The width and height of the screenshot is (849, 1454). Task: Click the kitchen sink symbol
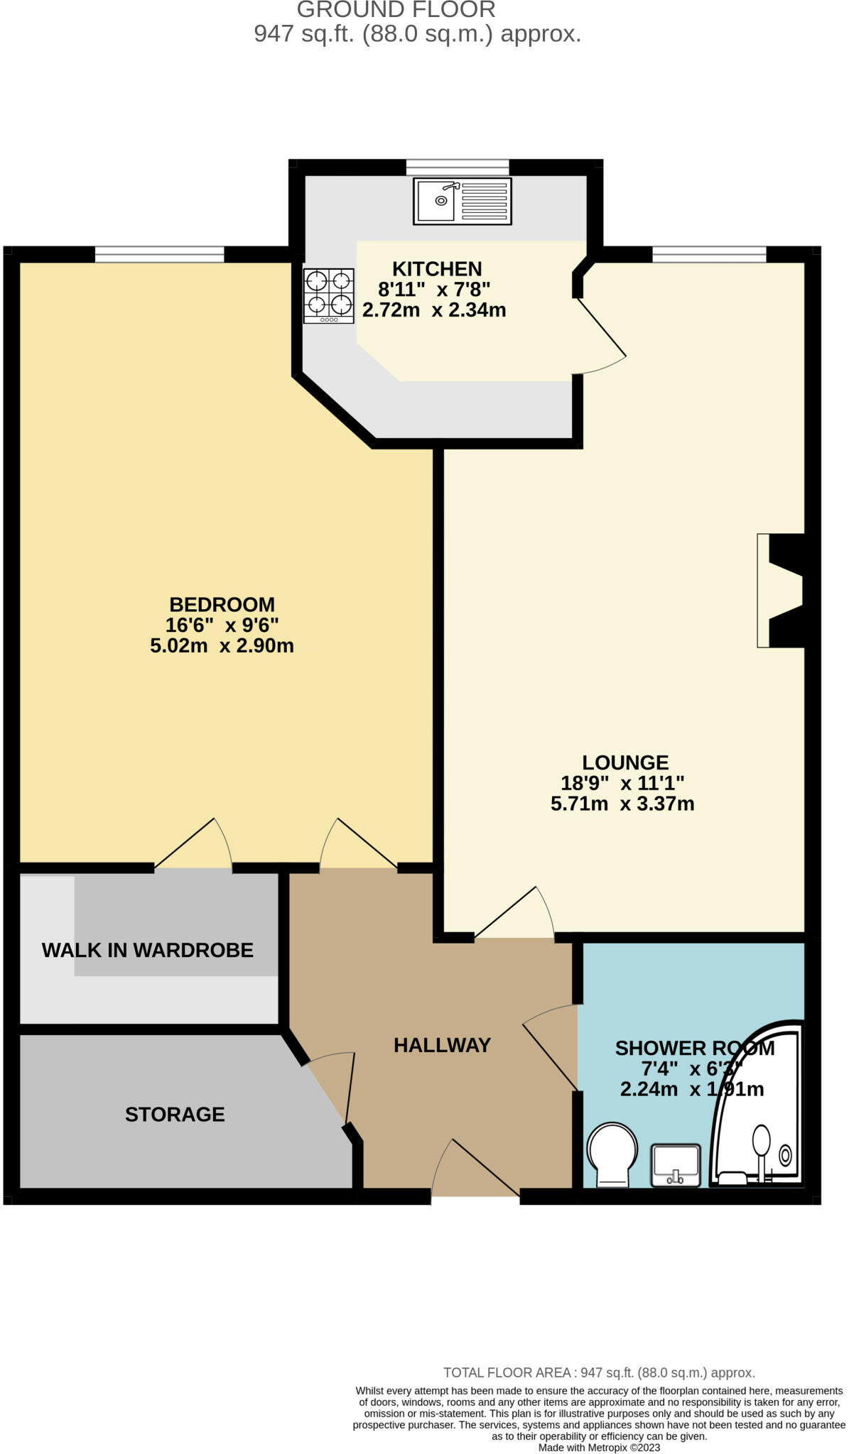[462, 202]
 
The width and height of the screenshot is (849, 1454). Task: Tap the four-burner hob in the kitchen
[328, 295]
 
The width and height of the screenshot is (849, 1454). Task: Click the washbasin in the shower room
[676, 1165]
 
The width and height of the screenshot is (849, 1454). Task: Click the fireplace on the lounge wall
[780, 590]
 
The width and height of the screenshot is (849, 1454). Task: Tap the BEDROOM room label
[222, 604]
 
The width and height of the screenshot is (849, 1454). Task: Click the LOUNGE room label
[625, 762]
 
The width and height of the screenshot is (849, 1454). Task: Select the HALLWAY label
[442, 1045]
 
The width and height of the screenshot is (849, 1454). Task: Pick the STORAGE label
[175, 1114]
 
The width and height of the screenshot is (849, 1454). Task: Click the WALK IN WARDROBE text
[148, 950]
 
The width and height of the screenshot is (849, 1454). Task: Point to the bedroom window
[159, 254]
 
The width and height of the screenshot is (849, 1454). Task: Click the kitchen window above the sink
[458, 168]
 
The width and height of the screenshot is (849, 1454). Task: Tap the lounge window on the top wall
[709, 254]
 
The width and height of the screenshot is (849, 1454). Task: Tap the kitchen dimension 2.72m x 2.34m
[434, 310]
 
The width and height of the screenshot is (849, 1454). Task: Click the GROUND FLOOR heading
[396, 10]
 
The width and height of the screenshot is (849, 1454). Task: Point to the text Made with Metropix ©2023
[599, 1448]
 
